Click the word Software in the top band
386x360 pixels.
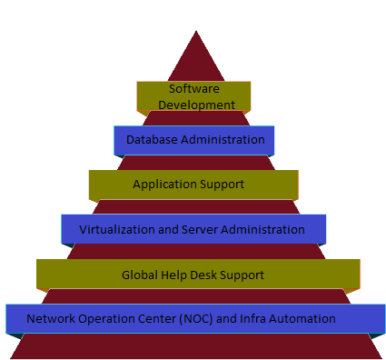pos(194,89)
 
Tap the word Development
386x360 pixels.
pos(196,105)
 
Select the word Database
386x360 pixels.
pos(152,140)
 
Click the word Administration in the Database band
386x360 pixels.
pos(223,140)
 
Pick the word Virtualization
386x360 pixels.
pos(117,229)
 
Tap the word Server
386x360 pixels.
pos(200,229)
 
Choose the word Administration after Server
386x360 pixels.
pos(262,229)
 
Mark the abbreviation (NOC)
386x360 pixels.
pos(196,319)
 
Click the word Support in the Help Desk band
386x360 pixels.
pos(242,275)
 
